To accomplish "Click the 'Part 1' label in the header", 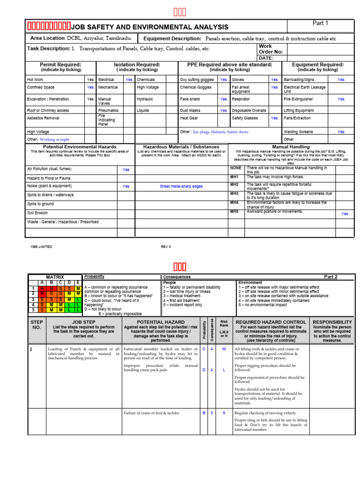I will (320, 23).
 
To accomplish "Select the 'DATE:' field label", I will (266, 58).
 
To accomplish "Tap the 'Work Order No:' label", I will (271, 49).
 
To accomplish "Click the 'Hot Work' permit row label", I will (35, 80).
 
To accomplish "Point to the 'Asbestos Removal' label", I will (43, 118).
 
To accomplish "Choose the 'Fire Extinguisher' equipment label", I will (298, 99).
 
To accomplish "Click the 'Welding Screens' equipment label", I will (298, 132).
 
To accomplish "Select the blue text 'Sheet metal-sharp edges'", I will (181, 186).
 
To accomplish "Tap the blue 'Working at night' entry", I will (54, 140).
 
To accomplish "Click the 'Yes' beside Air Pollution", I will (126, 170).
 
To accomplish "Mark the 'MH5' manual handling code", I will (234, 211).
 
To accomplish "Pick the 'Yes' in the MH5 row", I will (345, 214).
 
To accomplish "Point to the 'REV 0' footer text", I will (166, 247).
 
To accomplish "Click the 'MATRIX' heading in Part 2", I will (55, 277).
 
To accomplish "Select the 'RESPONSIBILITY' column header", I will (332, 322).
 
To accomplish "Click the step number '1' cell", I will (31, 349).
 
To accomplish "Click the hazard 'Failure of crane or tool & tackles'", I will (151, 413).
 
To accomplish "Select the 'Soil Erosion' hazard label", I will (37, 213).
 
